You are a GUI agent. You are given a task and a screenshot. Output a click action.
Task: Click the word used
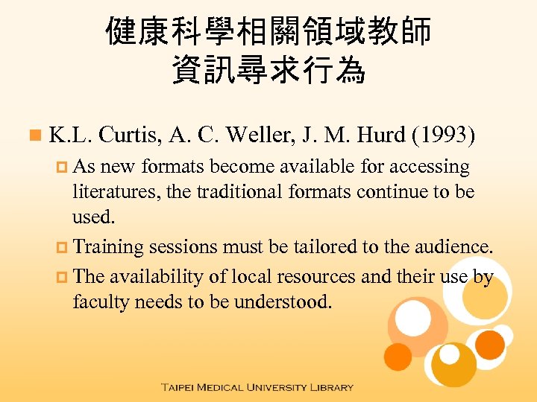[94, 217]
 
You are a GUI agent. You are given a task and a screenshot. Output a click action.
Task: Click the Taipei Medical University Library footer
[257, 387]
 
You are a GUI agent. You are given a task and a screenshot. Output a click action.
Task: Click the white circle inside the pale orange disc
[412, 318]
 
